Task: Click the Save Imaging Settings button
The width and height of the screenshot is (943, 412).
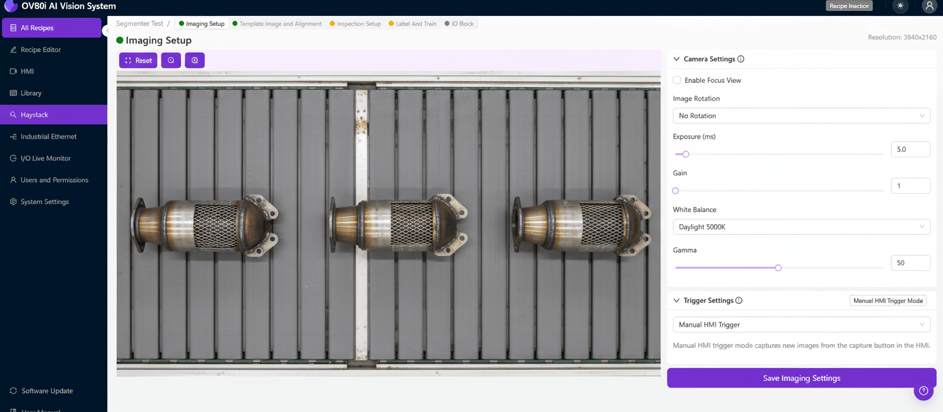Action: point(801,378)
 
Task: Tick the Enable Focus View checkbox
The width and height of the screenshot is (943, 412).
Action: point(677,80)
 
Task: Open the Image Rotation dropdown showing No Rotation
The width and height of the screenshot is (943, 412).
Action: point(801,116)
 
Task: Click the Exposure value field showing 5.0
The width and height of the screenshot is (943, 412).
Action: point(910,149)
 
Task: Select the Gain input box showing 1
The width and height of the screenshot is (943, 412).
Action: point(910,186)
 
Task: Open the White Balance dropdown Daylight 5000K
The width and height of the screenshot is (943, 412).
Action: point(801,227)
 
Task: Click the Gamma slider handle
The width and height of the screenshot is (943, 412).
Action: point(778,268)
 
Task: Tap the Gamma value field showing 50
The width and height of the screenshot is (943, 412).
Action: point(910,263)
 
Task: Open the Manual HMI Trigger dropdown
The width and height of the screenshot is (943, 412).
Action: point(801,325)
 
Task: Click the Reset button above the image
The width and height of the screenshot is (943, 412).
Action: point(138,61)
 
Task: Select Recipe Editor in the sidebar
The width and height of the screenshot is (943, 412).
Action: point(41,50)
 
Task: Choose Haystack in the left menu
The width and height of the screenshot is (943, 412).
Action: point(34,115)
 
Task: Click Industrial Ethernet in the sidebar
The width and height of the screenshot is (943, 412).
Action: point(49,137)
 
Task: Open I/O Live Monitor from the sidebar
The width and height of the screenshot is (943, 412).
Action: point(45,158)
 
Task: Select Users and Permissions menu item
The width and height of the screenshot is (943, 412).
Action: point(54,180)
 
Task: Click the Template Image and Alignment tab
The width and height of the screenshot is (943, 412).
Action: point(280,24)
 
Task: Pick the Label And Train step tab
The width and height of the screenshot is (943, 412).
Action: point(416,24)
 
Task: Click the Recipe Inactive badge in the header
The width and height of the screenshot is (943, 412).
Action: point(849,6)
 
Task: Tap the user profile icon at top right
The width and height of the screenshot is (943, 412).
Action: point(929,6)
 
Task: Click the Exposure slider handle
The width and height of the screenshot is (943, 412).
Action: point(686,154)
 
